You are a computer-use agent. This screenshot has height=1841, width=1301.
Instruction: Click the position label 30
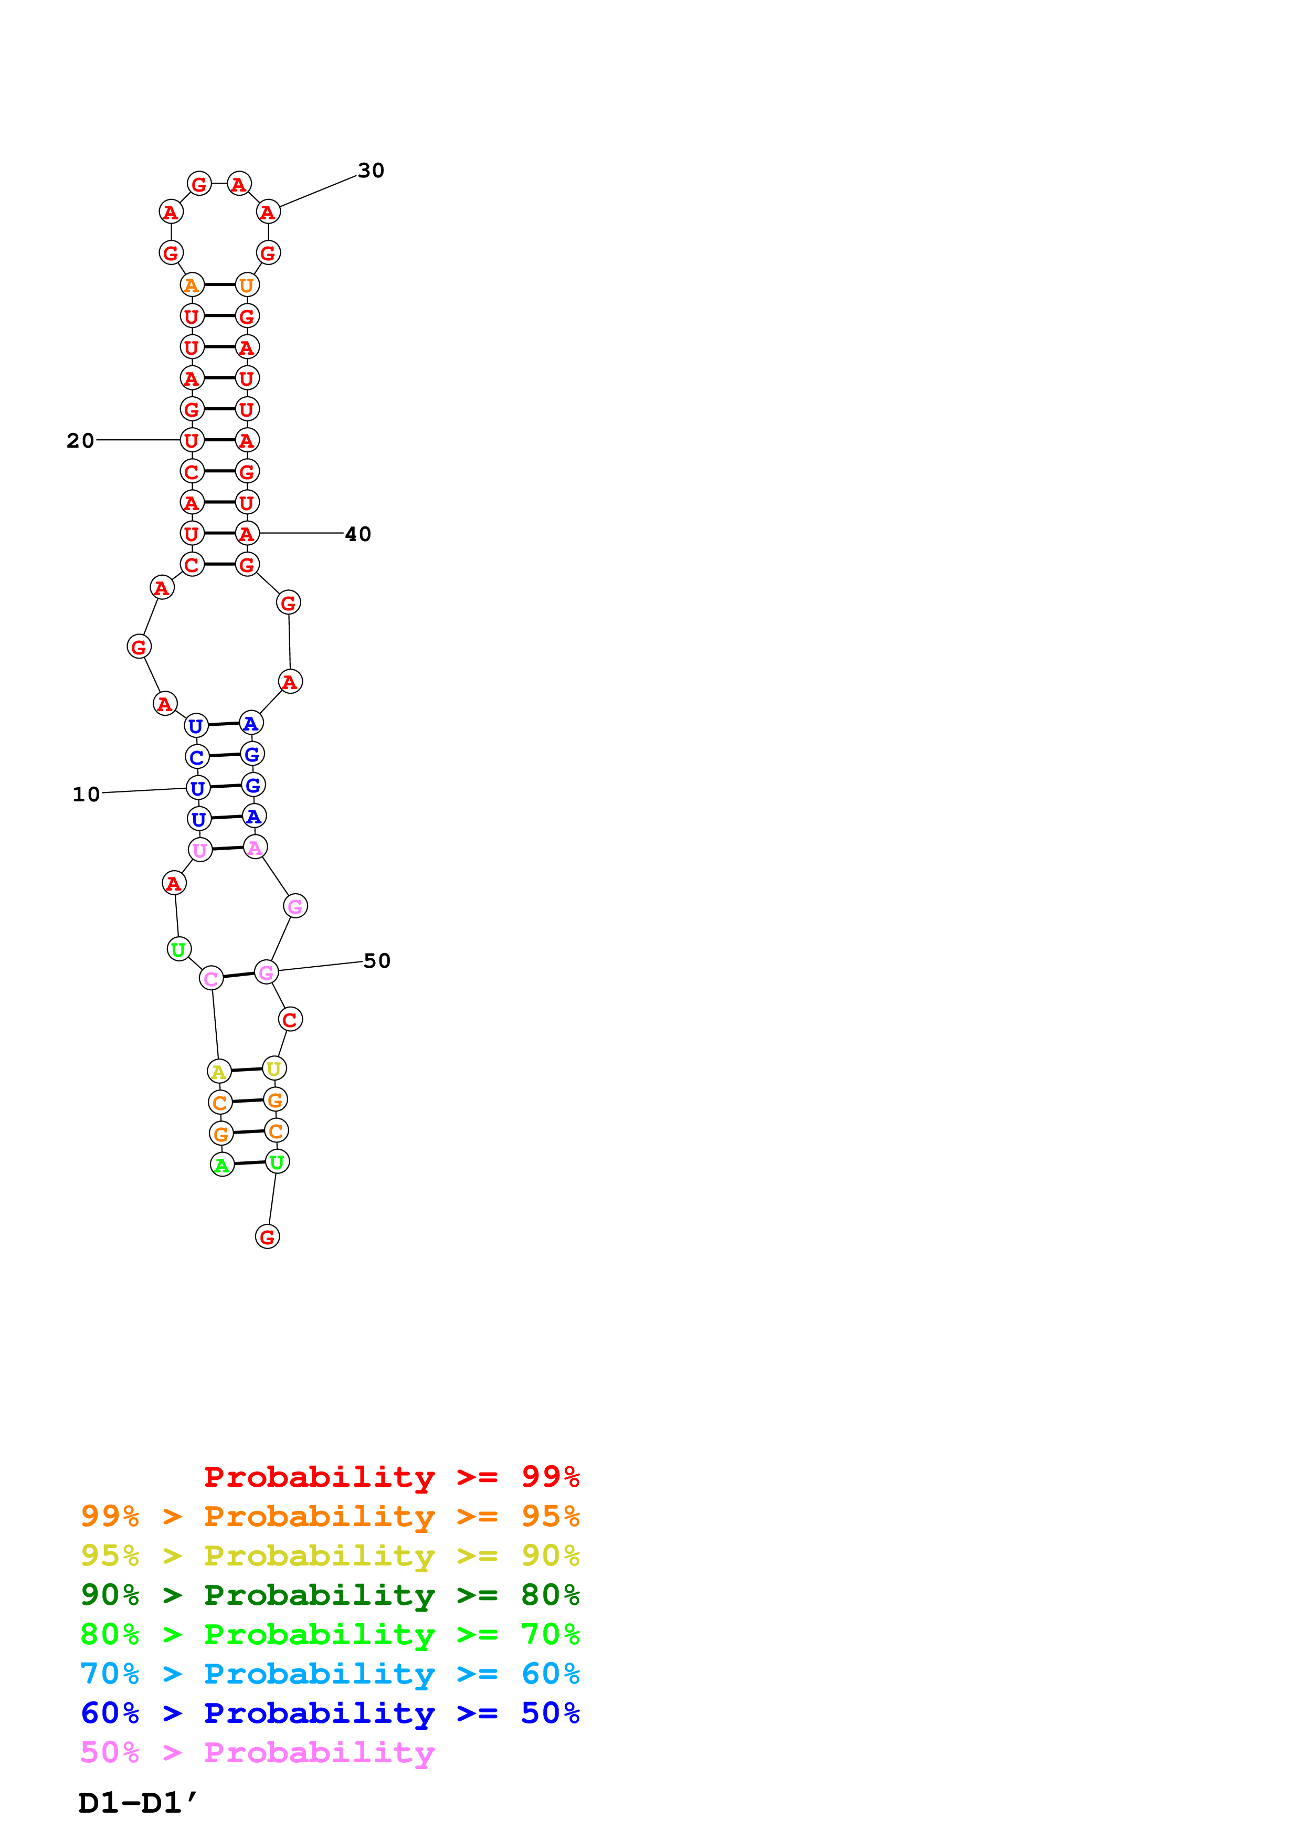pos(371,171)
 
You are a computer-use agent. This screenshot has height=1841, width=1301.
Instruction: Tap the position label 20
pos(80,440)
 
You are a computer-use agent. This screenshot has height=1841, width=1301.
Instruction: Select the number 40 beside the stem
pos(357,534)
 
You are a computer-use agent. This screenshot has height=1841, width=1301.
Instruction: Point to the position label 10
pos(86,794)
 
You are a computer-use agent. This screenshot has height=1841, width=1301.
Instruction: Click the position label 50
pos(377,960)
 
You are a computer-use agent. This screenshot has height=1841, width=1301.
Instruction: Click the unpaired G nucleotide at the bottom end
pos(267,1236)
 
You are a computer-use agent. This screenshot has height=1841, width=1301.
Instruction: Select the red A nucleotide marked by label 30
pos(268,211)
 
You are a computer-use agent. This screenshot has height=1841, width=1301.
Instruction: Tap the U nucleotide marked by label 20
pos(192,440)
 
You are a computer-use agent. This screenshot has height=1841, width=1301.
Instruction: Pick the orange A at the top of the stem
pos(192,284)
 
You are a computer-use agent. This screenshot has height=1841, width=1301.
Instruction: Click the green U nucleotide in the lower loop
pos(179,949)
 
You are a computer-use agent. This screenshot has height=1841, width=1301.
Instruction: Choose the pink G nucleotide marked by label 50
pos(266,972)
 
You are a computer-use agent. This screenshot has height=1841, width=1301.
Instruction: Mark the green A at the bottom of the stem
pos(222,1164)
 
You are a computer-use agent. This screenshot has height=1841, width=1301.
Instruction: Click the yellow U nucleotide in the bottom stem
pos(274,1068)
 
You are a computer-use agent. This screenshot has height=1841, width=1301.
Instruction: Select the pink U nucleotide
pos(199,850)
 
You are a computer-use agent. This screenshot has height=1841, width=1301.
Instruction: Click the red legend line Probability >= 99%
pos(391,1477)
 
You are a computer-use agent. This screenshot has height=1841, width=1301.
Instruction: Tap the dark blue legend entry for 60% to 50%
pos(330,1713)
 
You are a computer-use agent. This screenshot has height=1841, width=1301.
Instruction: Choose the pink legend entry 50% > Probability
pos(257,1753)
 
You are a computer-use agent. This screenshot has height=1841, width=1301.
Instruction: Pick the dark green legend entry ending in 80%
pos(330,1595)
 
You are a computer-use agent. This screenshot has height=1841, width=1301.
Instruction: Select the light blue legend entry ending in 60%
pos(330,1674)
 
